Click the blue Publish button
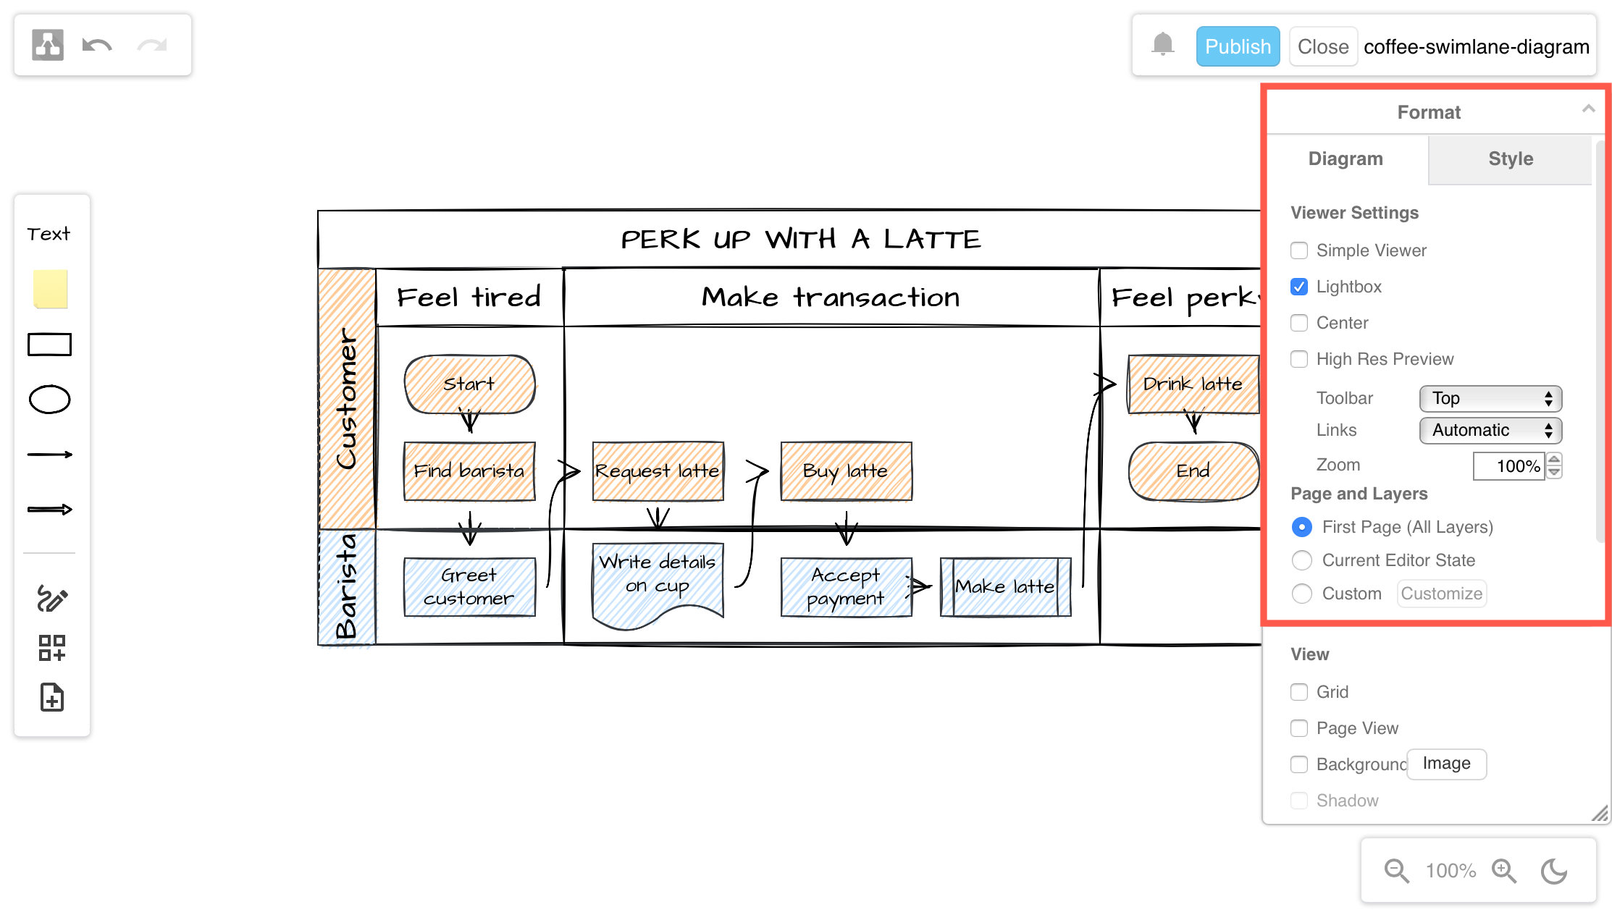click(x=1237, y=46)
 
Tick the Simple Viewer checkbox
click(x=1299, y=250)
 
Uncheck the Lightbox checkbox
click(x=1299, y=287)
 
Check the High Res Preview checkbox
click(x=1299, y=359)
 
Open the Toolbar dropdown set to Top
click(x=1490, y=398)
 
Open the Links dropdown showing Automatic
click(x=1490, y=431)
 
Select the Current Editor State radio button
click(x=1302, y=560)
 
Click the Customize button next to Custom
click(x=1441, y=594)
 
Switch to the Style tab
click(x=1510, y=159)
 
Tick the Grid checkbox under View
click(x=1299, y=692)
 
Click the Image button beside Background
click(x=1445, y=764)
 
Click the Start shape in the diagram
click(x=469, y=384)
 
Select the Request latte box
click(x=658, y=471)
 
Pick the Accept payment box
click(x=845, y=587)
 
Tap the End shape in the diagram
click(x=1193, y=471)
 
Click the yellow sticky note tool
click(x=50, y=289)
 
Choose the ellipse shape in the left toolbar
click(x=49, y=400)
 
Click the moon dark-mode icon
click(x=1553, y=871)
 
